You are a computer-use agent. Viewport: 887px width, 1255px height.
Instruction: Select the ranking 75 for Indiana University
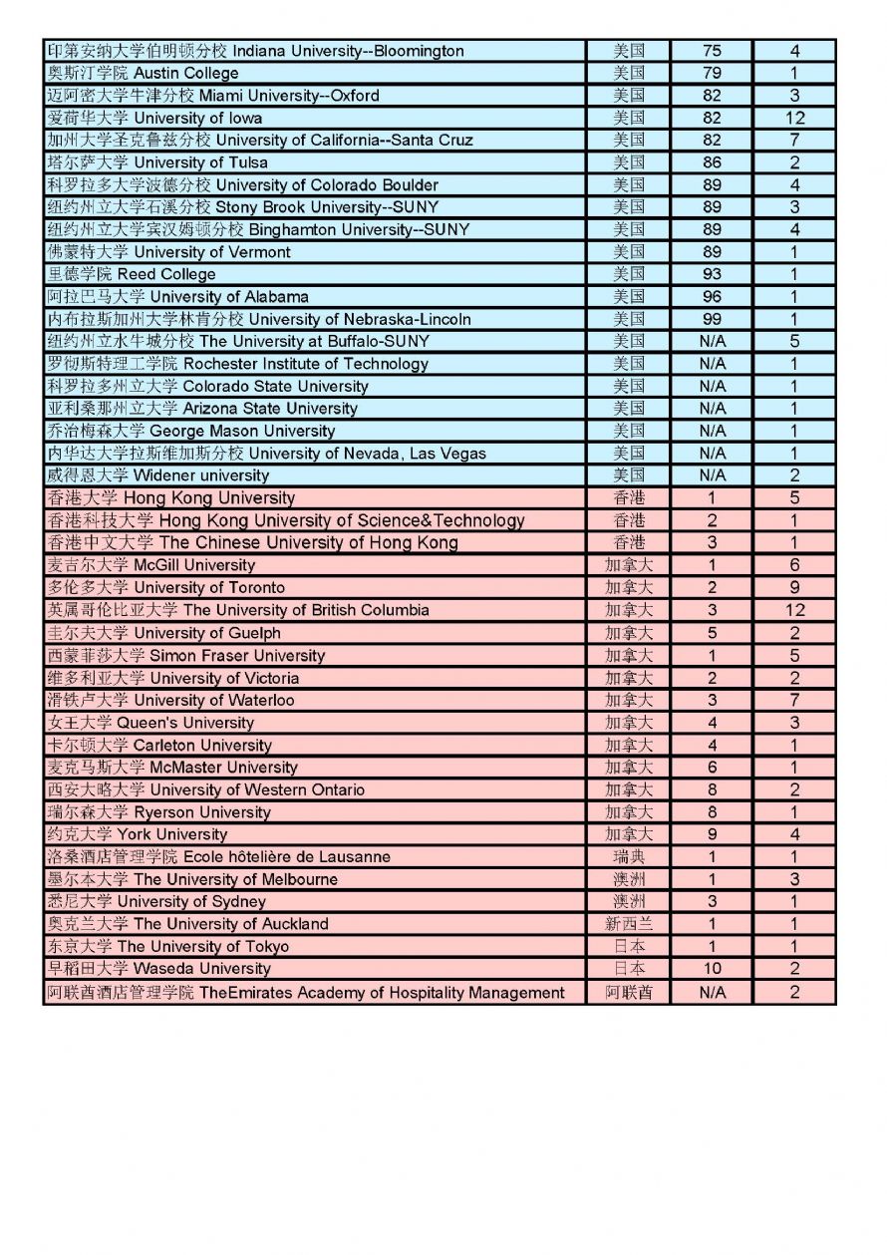(x=712, y=51)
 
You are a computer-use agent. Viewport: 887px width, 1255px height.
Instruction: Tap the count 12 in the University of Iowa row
(x=794, y=118)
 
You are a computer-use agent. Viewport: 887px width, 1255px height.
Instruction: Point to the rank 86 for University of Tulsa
(x=712, y=162)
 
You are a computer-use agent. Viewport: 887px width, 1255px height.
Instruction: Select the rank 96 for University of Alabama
(x=712, y=297)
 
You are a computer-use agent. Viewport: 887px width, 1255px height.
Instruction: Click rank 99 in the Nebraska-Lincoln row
(x=712, y=319)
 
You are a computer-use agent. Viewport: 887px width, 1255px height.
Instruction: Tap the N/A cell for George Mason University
(x=712, y=431)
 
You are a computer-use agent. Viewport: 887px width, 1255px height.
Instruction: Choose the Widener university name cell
(x=157, y=475)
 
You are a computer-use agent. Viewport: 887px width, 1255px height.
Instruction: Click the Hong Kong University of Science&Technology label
(x=285, y=520)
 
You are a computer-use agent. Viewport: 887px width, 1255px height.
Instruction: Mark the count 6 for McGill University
(x=794, y=565)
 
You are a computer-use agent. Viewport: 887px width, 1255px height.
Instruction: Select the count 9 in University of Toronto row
(x=794, y=588)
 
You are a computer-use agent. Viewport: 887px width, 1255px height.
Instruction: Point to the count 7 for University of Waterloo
(x=794, y=700)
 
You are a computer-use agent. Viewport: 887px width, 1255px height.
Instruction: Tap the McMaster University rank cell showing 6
(x=712, y=768)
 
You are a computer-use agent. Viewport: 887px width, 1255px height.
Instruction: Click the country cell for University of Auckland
(x=628, y=924)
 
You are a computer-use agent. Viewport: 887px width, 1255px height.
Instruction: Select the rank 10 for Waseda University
(x=712, y=969)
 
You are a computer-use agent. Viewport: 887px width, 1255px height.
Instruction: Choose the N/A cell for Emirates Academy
(x=712, y=992)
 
